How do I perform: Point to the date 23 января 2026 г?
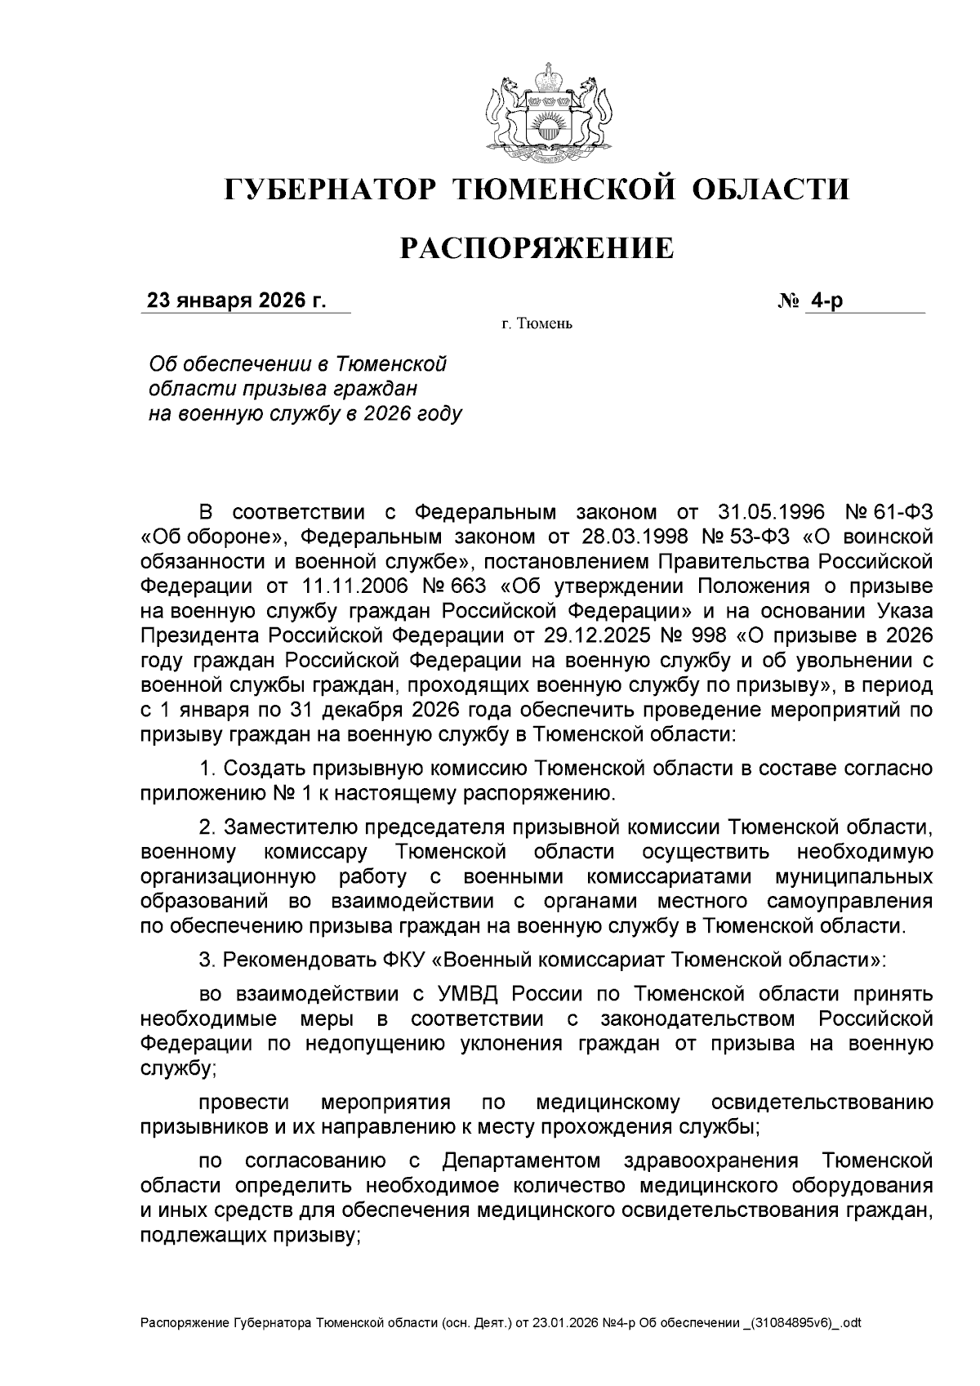[236, 301]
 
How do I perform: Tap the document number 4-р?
[825, 301]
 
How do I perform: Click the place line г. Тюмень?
[537, 325]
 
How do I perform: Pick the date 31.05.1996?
[766, 513]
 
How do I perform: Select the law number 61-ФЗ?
[899, 513]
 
